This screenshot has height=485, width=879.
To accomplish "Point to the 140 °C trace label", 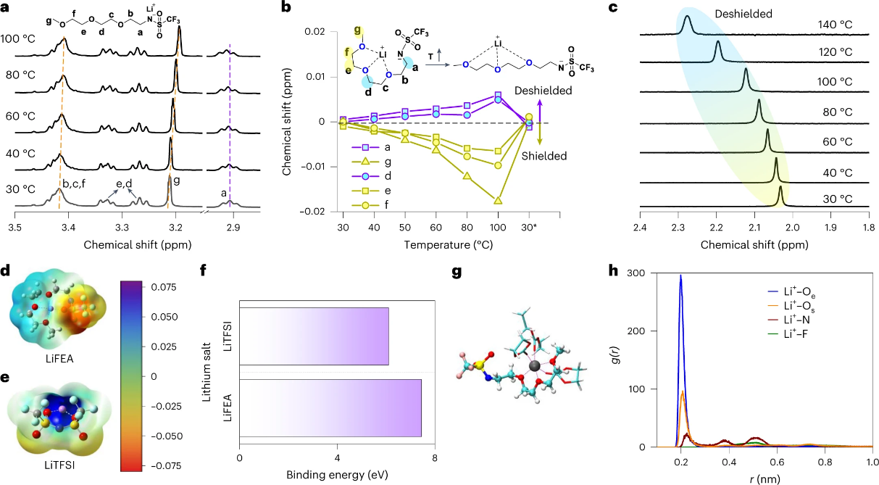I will [828, 25].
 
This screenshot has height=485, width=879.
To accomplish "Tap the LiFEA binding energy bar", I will [330, 407].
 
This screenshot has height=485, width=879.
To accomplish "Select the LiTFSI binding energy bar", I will [314, 336].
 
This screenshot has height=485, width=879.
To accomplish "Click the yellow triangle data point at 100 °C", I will [497, 201].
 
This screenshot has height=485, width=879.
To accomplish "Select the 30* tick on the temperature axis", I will [529, 228].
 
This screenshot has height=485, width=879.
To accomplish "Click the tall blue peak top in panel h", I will [680, 275].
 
